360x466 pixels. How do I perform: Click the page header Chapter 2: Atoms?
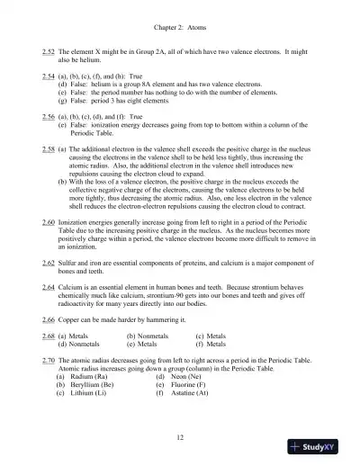tap(180, 28)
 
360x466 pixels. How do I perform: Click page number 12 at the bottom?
tap(180, 435)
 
